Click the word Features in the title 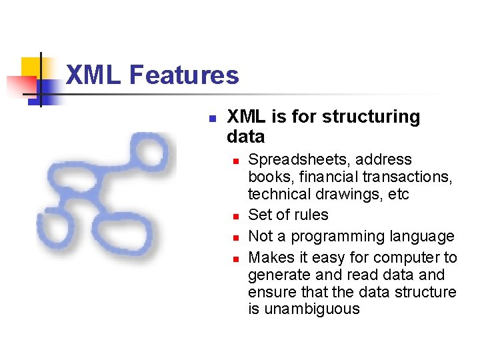click(184, 75)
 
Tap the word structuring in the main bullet click(371, 117)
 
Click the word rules click(312, 215)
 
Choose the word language click(423, 237)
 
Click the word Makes click(268, 257)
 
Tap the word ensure click(269, 292)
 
